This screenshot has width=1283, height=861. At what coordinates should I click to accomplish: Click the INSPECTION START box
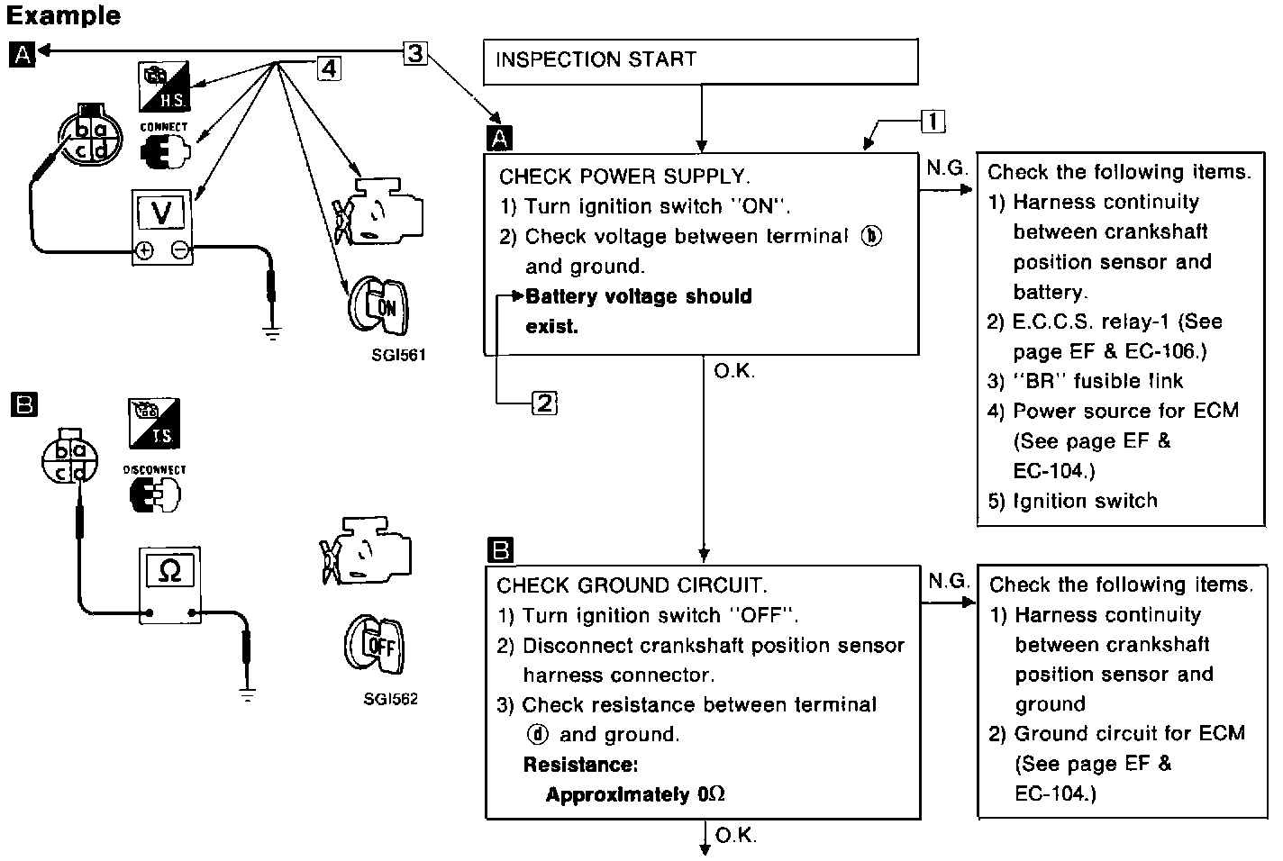(700, 61)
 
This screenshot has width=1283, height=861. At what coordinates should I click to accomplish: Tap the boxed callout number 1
(933, 122)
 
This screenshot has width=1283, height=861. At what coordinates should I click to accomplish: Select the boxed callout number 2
(545, 403)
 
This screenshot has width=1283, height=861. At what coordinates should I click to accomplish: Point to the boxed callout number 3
(414, 53)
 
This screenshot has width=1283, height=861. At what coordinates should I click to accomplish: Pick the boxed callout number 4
(329, 68)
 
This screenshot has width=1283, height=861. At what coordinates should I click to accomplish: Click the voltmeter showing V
(163, 226)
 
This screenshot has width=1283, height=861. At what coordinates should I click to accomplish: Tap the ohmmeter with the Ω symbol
(169, 585)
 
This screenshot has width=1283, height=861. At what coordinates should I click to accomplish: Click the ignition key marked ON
(378, 304)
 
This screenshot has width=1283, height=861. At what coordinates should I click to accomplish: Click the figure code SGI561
(397, 355)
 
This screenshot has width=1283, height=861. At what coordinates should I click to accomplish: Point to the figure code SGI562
(390, 699)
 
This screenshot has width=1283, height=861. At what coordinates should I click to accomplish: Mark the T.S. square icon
(154, 423)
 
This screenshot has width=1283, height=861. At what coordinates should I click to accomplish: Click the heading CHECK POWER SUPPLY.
(623, 177)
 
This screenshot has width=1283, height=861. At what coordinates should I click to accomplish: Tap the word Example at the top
(62, 15)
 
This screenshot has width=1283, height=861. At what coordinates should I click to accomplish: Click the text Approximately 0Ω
(635, 794)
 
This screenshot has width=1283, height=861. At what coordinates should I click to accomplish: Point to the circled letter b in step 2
(871, 237)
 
